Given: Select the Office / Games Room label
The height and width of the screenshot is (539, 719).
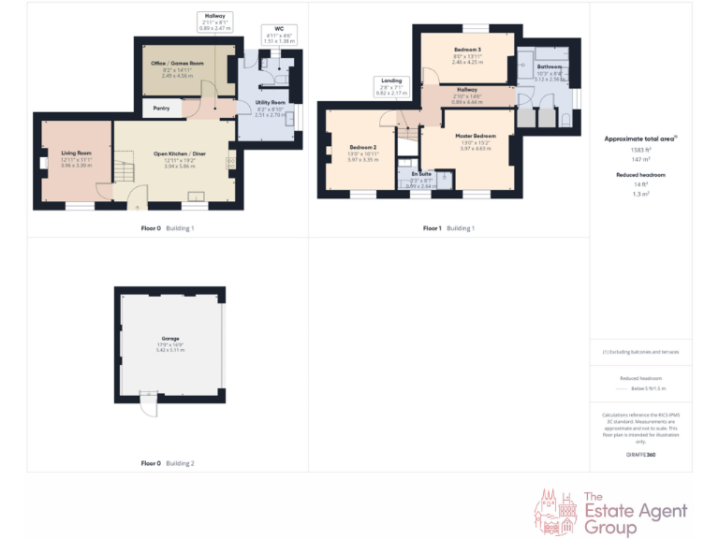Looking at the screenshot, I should (x=177, y=64).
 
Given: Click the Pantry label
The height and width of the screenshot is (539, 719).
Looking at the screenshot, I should (x=162, y=109).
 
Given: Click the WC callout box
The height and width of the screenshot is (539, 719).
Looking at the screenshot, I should (x=279, y=35).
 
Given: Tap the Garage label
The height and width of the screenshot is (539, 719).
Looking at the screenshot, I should (x=169, y=339).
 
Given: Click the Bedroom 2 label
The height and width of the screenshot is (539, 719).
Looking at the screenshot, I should (x=362, y=148).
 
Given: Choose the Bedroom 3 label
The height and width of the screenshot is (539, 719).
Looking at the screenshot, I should (x=467, y=49).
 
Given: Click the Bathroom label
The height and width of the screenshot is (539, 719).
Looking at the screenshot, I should (x=549, y=67).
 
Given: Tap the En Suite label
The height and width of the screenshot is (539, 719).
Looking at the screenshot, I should (x=420, y=174).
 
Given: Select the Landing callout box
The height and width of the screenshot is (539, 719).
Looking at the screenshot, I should (x=391, y=87).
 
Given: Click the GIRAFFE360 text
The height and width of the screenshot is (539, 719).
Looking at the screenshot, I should (x=640, y=453).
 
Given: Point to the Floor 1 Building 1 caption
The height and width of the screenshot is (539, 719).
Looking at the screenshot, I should (x=448, y=227).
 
